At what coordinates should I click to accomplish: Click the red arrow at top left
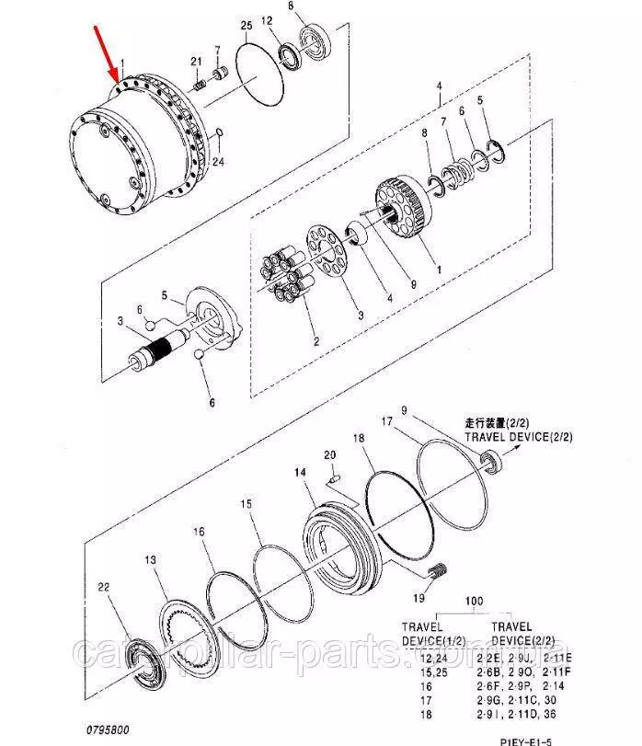pos(108,53)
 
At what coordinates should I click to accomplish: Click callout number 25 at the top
pos(245,24)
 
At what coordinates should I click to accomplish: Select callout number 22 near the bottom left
pos(104,587)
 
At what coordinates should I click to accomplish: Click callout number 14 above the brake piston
pos(300,473)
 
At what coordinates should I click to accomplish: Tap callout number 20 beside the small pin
pos(329,454)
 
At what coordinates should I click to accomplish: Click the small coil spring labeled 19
pos(440,571)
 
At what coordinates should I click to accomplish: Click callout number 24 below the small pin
pos(217,162)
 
